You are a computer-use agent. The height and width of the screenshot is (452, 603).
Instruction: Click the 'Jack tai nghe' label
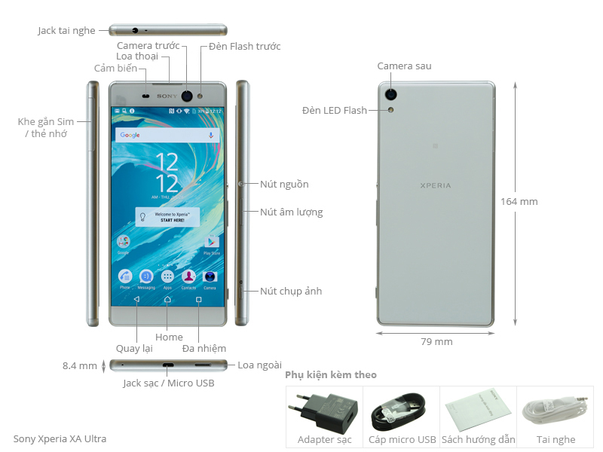[x=67, y=30]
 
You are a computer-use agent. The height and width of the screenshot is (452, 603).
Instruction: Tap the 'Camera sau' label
[x=405, y=66]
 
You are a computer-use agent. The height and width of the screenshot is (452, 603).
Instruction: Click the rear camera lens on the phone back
[x=392, y=95]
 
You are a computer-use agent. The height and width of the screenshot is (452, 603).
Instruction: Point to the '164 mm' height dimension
[x=519, y=202]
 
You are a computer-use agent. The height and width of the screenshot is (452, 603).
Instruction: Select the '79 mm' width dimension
[x=436, y=341]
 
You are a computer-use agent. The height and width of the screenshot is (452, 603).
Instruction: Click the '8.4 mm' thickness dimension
[x=79, y=366]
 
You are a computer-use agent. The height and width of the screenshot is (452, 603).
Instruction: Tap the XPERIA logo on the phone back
[x=436, y=185]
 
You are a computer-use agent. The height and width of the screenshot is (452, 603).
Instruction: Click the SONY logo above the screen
[x=167, y=96]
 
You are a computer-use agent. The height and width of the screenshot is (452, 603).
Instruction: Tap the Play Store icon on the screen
[x=212, y=243]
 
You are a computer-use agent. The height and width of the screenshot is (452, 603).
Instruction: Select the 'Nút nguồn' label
[x=284, y=185]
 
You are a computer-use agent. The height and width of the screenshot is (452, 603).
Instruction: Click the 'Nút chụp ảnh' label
[x=291, y=292]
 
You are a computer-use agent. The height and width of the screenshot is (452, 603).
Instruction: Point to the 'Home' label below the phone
[x=169, y=337]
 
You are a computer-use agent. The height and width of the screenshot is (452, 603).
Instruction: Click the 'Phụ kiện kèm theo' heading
[x=331, y=374]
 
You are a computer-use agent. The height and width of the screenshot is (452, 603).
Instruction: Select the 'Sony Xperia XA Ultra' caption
[x=60, y=438]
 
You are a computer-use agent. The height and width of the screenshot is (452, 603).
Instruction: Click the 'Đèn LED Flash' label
[x=335, y=111]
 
